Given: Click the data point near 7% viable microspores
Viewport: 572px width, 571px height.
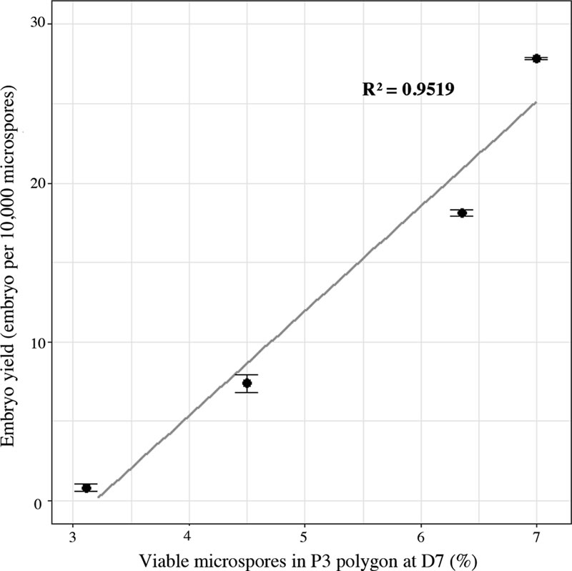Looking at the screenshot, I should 536,58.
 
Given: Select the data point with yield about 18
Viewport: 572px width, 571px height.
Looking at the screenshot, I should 462,213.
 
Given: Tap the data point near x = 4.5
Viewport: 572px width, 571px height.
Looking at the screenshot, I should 247,383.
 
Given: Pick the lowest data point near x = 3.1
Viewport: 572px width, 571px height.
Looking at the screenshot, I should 87,488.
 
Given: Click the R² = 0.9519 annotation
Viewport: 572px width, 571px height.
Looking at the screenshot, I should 409,89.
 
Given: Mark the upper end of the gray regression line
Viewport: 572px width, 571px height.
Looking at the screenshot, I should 536,102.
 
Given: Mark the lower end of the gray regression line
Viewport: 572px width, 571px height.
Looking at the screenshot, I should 99,496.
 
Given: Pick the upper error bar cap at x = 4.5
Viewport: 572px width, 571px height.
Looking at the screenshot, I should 247,375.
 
